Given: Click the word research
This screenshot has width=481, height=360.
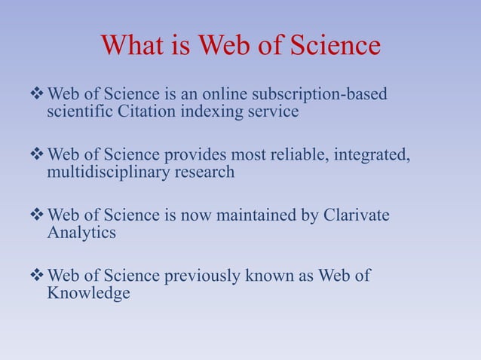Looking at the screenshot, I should [201, 172].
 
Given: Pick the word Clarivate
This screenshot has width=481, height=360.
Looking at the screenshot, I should [356, 215].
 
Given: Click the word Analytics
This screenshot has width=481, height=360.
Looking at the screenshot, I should [81, 233].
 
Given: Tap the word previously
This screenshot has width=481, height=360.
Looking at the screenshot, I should [200, 276].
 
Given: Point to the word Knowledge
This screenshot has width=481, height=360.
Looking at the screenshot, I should [88, 292].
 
